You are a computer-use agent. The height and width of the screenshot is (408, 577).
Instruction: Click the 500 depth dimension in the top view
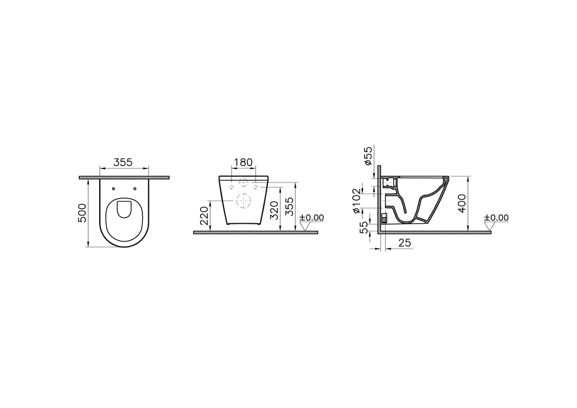(82, 212)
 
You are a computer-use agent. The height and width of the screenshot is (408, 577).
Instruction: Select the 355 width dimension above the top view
(123, 163)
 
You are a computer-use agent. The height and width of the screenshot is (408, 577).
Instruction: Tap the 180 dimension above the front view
(243, 163)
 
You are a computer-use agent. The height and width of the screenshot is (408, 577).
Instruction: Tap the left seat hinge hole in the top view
(113, 188)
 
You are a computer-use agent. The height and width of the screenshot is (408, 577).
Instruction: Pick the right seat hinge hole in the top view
(135, 188)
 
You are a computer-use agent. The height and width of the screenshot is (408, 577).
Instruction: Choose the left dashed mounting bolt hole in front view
(232, 187)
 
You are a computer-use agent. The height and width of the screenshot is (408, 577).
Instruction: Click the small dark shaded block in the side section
(384, 219)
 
